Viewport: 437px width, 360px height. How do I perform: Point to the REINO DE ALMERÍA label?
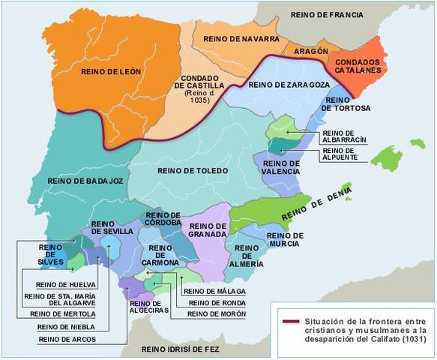(x=247, y=255)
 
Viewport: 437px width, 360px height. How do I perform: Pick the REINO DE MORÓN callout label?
(x=211, y=313)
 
